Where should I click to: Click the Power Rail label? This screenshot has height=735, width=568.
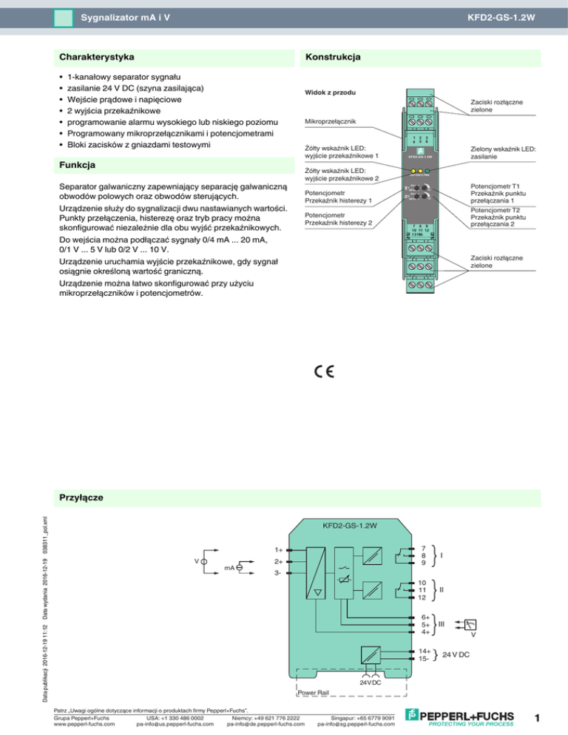click(313, 693)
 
